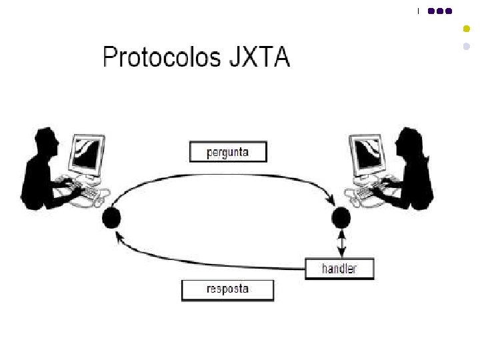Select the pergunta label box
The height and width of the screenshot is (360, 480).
tap(228, 152)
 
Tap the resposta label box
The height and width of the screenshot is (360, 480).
tap(227, 289)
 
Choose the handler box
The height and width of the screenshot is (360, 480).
tap(339, 269)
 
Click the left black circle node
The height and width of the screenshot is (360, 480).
tap(111, 217)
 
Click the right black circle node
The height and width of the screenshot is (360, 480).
tap(341, 217)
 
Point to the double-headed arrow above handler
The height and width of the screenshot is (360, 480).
tap(342, 243)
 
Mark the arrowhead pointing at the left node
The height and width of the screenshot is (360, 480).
tap(119, 235)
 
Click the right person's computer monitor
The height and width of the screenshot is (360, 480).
tap(369, 154)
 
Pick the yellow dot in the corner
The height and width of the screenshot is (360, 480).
tap(467, 29)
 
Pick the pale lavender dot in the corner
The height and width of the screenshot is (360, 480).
tap(467, 47)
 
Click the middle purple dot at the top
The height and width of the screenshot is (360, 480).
tap(441, 11)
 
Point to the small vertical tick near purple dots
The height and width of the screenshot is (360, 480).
tap(419, 11)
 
